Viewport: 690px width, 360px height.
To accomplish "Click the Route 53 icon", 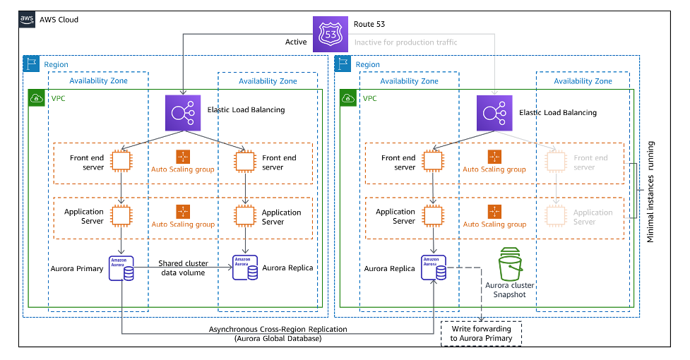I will coord(331,34).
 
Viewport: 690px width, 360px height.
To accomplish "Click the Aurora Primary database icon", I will coord(121,268).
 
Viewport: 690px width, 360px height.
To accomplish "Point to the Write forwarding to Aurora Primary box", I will coord(482,334).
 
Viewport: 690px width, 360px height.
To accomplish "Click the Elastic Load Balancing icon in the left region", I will coord(183,113).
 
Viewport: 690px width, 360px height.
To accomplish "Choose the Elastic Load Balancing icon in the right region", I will coord(494,113).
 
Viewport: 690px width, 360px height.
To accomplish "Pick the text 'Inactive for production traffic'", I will coord(405,42).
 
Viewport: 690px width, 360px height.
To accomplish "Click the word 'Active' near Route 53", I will coord(296,42).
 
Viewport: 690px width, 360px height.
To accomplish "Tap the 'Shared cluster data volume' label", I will coord(183,268).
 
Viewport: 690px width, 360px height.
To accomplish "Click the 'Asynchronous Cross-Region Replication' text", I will coord(277,330).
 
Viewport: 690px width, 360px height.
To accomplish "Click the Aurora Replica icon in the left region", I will coord(245,268).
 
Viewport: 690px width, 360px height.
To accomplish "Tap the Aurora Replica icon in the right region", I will coord(434,268).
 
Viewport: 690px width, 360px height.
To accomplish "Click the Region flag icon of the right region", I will coord(344,64).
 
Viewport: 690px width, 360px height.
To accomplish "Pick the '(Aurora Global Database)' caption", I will coord(278,340).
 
